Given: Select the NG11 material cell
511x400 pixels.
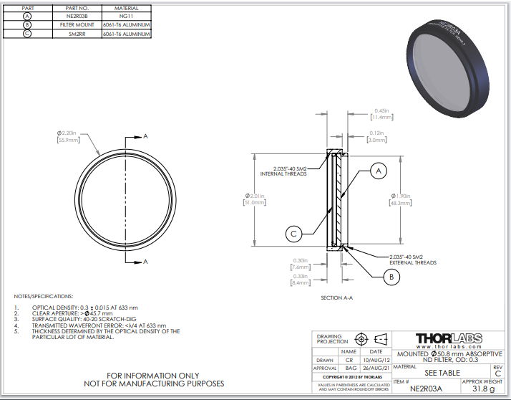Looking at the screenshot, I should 126,15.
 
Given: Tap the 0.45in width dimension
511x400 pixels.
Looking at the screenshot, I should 381,110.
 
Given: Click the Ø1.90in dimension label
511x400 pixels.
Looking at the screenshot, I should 401,196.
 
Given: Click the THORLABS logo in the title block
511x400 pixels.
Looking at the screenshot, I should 449,338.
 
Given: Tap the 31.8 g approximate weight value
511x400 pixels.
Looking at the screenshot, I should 484,389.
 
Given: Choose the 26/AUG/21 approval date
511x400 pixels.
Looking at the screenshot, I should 375,367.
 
